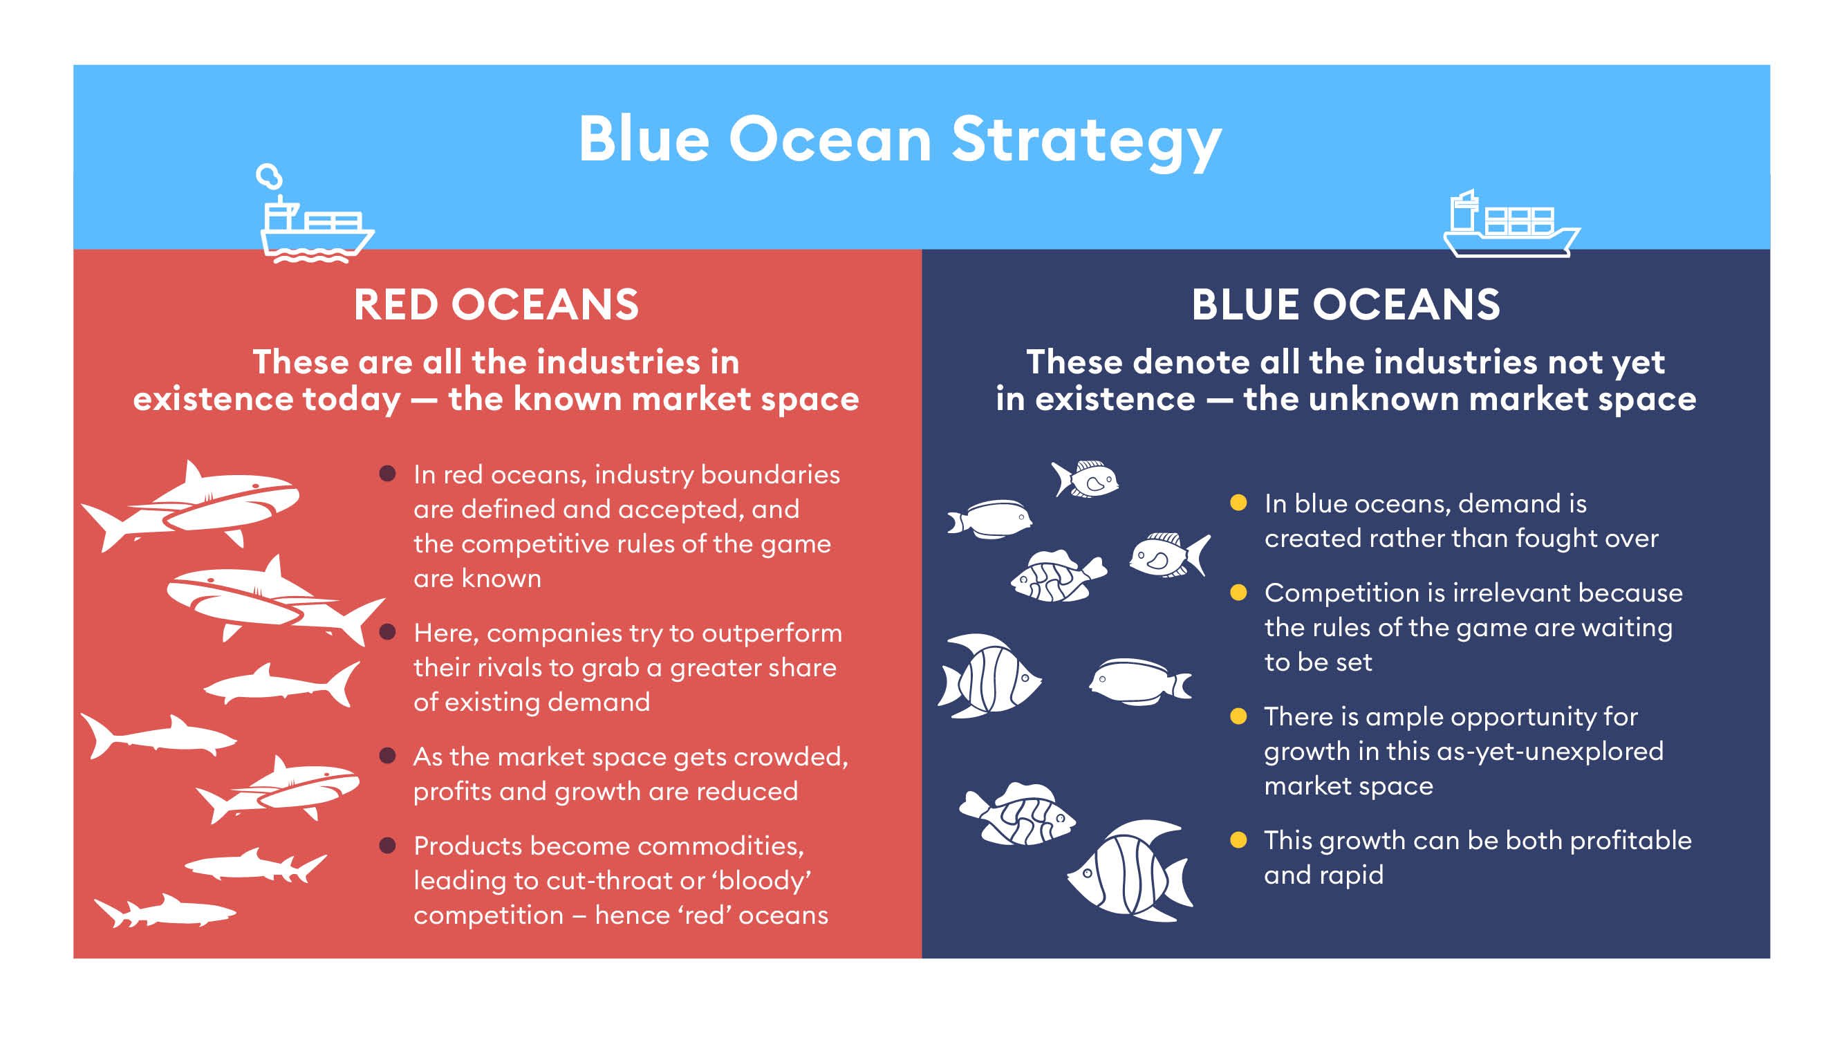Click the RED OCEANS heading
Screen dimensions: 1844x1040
(496, 304)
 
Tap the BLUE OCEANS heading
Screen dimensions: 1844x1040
(1345, 304)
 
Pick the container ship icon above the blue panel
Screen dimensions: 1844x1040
(1511, 223)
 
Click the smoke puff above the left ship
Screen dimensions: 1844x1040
(269, 176)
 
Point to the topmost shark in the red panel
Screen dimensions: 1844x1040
(190, 505)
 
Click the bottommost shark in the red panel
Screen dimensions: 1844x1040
(165, 911)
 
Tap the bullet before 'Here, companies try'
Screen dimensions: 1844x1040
(387, 632)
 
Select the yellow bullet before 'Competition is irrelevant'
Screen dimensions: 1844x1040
(1238, 593)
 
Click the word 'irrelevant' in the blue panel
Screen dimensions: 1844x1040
(1488, 593)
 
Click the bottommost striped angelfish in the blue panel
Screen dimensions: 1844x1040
(1129, 870)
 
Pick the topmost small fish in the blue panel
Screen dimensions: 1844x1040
(1085, 478)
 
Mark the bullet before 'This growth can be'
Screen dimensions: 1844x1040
(1238, 840)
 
